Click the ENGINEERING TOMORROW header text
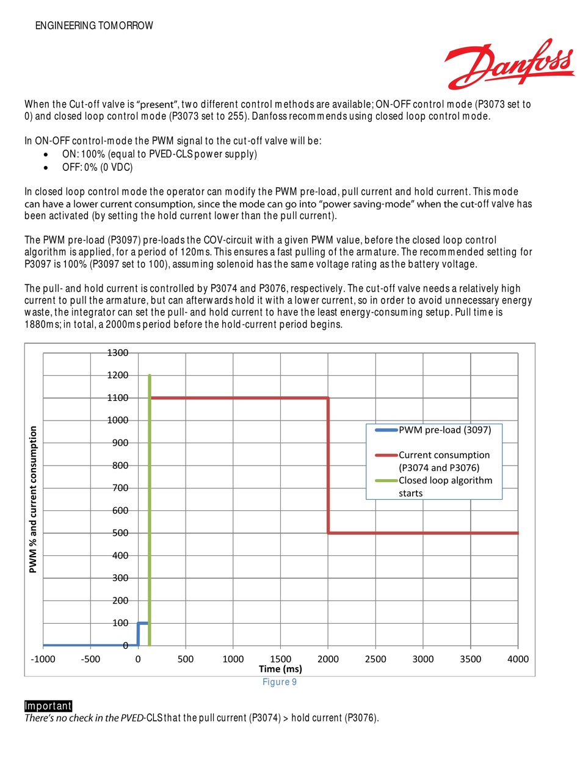point(94,26)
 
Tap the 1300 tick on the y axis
point(119,353)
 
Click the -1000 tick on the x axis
point(43,659)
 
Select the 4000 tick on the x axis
point(518,659)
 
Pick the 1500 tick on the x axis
point(280,659)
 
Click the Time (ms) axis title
point(280,669)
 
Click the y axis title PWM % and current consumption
point(34,499)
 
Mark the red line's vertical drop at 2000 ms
point(328,464)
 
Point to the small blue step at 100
point(142,623)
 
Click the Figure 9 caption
point(280,682)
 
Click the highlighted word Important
point(48,706)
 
